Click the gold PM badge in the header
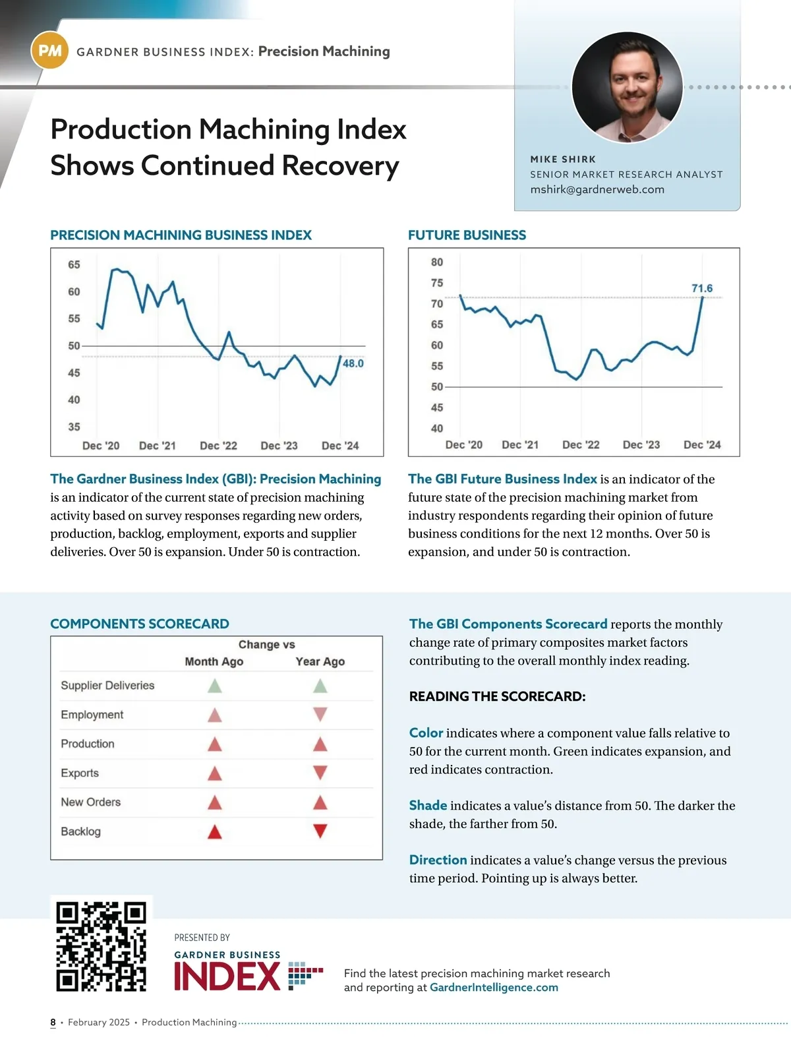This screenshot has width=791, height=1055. (x=50, y=51)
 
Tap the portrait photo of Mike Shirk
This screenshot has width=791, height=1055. (x=627, y=87)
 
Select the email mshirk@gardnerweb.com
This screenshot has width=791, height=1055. (x=597, y=189)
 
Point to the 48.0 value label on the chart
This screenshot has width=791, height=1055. (x=353, y=363)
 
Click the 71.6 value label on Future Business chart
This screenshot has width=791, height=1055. (x=702, y=288)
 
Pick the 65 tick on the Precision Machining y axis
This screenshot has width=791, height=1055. (x=74, y=264)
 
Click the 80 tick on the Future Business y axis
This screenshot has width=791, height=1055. (x=437, y=262)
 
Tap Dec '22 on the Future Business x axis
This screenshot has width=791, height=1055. (x=581, y=444)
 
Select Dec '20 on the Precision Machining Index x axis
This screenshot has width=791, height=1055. (x=101, y=446)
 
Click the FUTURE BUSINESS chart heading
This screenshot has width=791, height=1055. (x=467, y=235)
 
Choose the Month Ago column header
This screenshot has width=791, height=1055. (x=214, y=661)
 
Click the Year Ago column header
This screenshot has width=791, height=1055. (x=320, y=661)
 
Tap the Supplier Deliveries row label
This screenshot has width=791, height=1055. (x=107, y=685)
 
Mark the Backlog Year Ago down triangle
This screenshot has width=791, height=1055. (x=320, y=831)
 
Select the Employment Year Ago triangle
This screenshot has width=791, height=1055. (x=320, y=714)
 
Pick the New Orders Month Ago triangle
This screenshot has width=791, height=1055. (x=215, y=802)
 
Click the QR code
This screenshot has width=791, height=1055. (x=102, y=947)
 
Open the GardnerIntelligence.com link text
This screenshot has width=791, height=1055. (x=494, y=987)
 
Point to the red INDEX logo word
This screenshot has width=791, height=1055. (x=227, y=977)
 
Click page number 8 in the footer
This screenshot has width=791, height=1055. (x=53, y=1022)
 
